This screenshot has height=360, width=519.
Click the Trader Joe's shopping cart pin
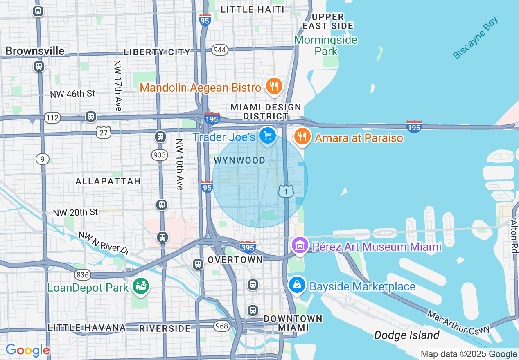coord(268,135)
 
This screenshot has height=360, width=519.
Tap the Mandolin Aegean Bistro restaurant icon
coord(273,86)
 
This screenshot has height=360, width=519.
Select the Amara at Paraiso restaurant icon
coord(302,136)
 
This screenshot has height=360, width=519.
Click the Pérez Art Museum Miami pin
coord(300,245)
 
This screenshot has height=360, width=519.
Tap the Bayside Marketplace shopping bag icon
coord(297,285)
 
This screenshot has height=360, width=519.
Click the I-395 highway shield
coord(248,247)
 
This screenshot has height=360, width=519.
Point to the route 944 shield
coord(220,50)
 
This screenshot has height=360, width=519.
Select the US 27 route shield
coord(104,132)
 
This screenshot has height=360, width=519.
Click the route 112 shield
coord(53,118)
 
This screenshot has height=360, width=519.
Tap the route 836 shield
coord(83,275)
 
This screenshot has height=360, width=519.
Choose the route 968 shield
coord(221,326)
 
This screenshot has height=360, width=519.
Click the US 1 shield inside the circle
coord(286,191)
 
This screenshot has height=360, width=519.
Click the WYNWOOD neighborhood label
coord(239,160)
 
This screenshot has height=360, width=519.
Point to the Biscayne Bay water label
coord(476,38)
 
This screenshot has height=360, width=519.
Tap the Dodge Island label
coord(406,335)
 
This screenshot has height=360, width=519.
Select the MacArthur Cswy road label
coord(458,322)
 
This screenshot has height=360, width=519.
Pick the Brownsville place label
coord(35,51)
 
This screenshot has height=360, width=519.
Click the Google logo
coord(27,350)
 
